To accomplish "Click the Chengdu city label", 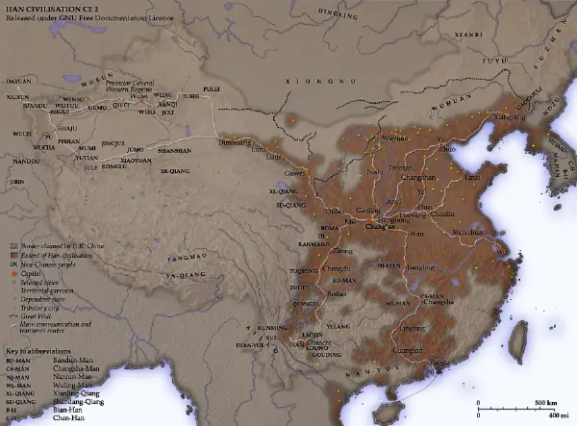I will click(x=337, y=267).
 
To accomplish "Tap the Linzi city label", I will click(x=470, y=178).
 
